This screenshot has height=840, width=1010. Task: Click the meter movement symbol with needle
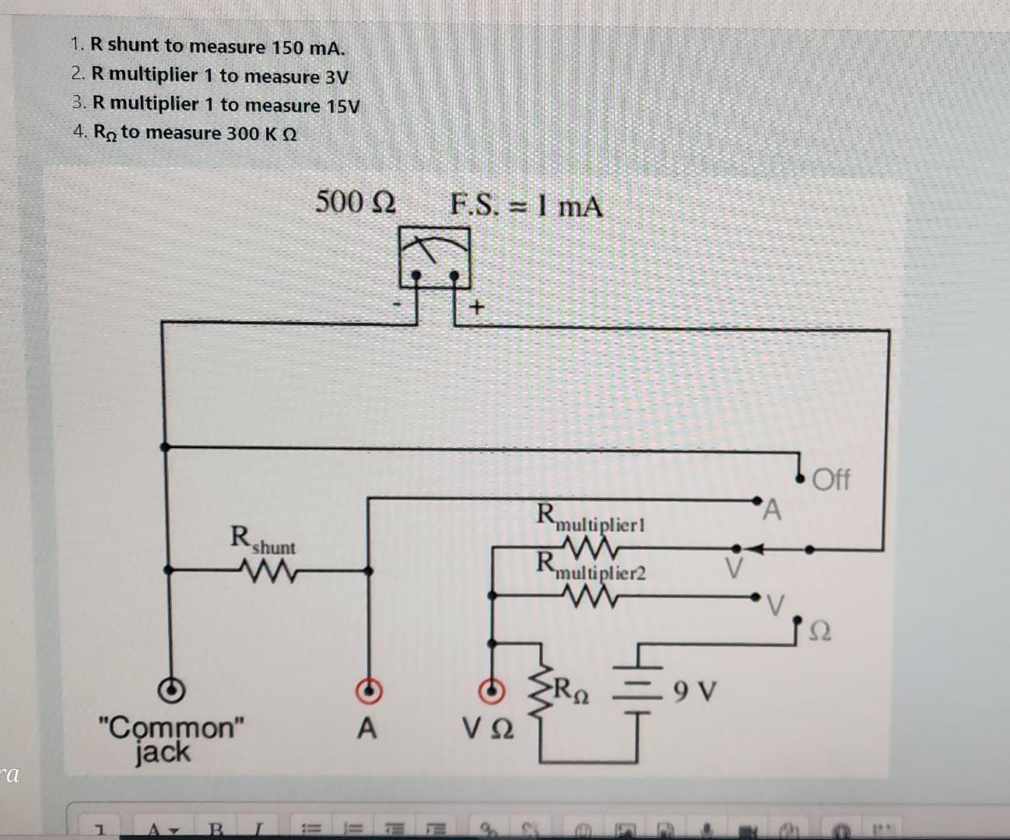(x=434, y=257)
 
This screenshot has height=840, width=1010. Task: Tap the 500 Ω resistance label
(x=356, y=202)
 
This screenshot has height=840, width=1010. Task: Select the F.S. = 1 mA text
(x=526, y=206)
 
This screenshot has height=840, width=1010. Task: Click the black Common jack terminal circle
(x=171, y=690)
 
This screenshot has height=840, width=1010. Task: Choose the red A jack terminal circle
(x=369, y=690)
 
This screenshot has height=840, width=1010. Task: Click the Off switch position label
(x=831, y=479)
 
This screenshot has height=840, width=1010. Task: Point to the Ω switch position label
(x=820, y=632)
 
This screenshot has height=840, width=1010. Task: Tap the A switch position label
(x=771, y=510)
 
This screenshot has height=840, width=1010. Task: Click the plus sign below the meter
(x=476, y=308)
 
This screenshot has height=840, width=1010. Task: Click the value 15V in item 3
(x=342, y=106)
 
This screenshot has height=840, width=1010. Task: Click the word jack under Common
(x=162, y=753)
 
